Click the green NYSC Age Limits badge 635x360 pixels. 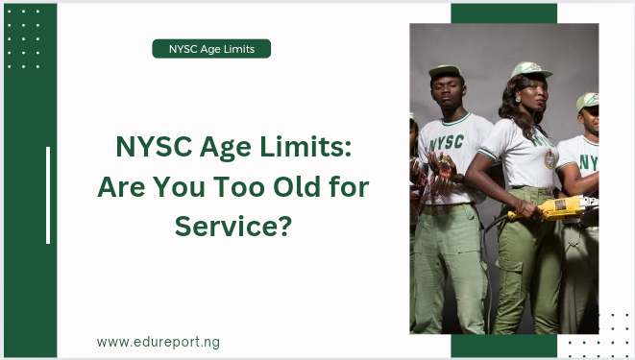(x=211, y=49)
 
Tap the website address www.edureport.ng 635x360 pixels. (x=159, y=342)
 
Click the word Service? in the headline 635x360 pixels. (x=233, y=227)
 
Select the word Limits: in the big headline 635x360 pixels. (x=305, y=147)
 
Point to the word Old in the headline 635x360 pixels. (x=297, y=187)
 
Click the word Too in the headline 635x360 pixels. (x=238, y=187)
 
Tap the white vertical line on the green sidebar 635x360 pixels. (x=48, y=196)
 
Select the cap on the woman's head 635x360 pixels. (x=529, y=69)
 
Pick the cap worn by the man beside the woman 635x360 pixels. (x=445, y=71)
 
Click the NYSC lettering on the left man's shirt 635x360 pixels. (x=447, y=142)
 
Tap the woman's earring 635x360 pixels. (x=518, y=98)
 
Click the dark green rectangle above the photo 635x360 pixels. (x=504, y=13)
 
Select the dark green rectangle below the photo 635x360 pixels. (x=504, y=346)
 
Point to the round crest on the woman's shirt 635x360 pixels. (x=550, y=159)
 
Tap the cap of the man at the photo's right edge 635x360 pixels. (x=588, y=101)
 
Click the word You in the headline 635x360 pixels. (x=179, y=187)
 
